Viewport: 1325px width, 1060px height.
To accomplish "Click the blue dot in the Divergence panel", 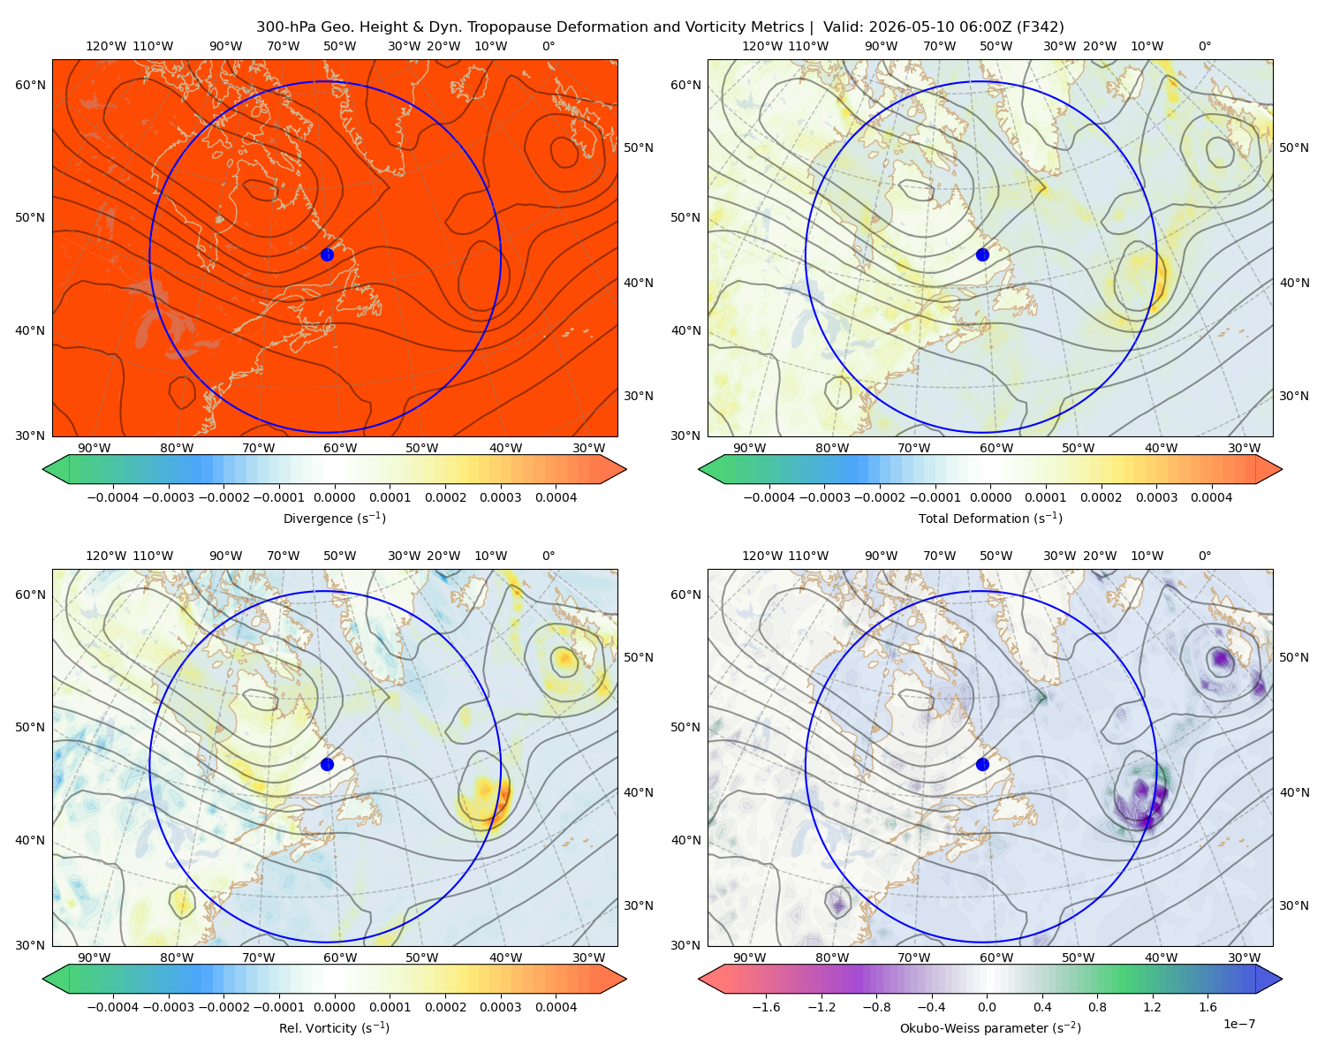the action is [327, 254].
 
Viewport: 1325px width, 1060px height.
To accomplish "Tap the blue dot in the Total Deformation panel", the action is [982, 254].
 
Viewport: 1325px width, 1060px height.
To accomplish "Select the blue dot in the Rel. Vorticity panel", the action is [327, 764].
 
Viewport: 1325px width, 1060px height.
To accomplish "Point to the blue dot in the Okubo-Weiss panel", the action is [982, 764].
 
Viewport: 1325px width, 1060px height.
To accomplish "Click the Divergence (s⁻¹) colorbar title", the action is [334, 518].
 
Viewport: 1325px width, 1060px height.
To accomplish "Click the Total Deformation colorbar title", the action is [990, 518].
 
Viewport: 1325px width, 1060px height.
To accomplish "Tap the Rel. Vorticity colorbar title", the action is [334, 1027].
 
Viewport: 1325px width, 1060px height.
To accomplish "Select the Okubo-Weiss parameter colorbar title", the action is [990, 1027].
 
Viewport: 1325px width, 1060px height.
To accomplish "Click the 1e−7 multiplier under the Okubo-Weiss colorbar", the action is [1238, 1024].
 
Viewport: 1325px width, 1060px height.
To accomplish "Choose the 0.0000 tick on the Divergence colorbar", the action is [334, 497].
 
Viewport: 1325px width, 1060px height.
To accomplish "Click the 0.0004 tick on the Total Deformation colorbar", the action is [1211, 497].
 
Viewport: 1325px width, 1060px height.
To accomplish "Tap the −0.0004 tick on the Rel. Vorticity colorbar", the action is [113, 1006].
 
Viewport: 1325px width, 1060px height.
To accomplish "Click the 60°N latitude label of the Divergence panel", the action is [30, 85].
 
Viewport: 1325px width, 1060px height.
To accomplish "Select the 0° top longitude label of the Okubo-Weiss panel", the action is [1204, 556].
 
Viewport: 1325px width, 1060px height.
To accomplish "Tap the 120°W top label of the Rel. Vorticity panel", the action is [106, 556].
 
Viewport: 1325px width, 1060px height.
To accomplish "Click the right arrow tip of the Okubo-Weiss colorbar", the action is [1282, 979].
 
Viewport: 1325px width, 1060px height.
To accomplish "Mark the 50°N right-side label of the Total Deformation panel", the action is [1293, 148].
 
